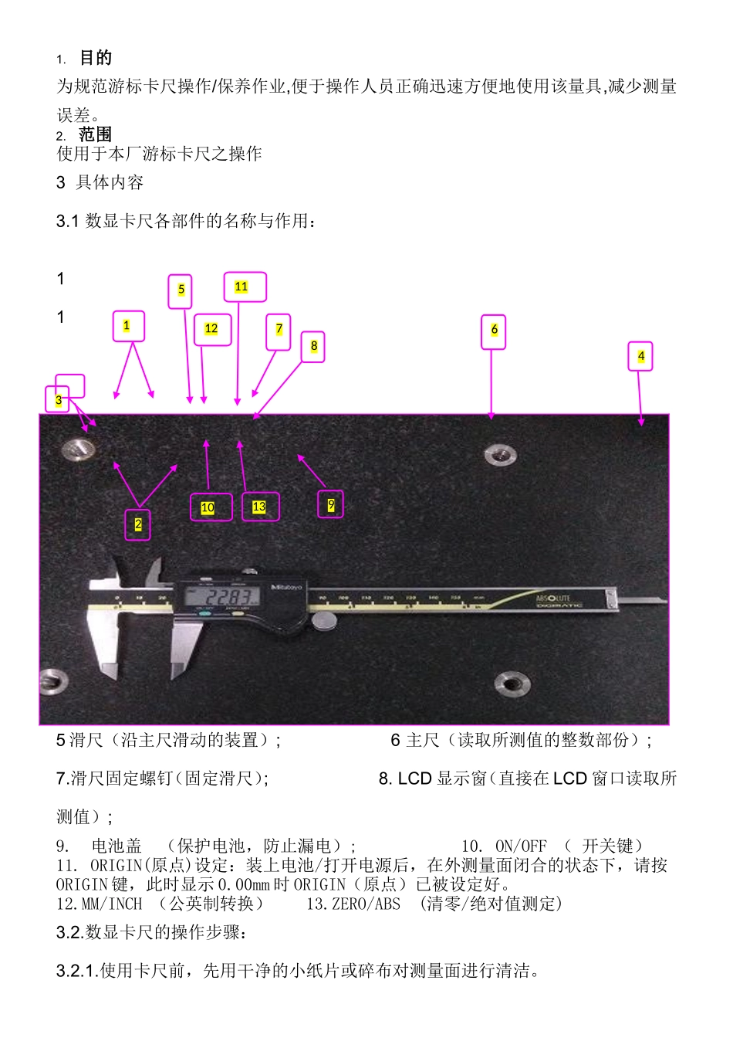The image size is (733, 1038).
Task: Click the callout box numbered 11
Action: (x=245, y=287)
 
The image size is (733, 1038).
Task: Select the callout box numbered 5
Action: (x=180, y=291)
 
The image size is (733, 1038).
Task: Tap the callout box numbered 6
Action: (x=494, y=331)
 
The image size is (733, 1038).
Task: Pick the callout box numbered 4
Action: (x=640, y=356)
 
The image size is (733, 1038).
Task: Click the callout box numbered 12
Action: (x=212, y=329)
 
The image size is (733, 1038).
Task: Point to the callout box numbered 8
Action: (x=313, y=346)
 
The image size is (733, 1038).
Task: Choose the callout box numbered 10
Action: (x=211, y=507)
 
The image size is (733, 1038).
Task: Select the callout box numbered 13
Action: (x=261, y=507)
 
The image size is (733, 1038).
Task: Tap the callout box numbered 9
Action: (x=331, y=504)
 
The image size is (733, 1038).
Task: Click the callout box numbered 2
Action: (x=137, y=524)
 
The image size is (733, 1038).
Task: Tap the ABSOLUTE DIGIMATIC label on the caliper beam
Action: (x=553, y=600)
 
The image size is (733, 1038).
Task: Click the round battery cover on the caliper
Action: (x=325, y=620)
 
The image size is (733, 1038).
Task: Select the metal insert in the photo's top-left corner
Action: (x=77, y=449)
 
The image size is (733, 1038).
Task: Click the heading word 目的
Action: (x=96, y=58)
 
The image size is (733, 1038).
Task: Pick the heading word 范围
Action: (x=95, y=134)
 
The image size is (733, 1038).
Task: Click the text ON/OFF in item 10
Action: (x=521, y=846)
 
